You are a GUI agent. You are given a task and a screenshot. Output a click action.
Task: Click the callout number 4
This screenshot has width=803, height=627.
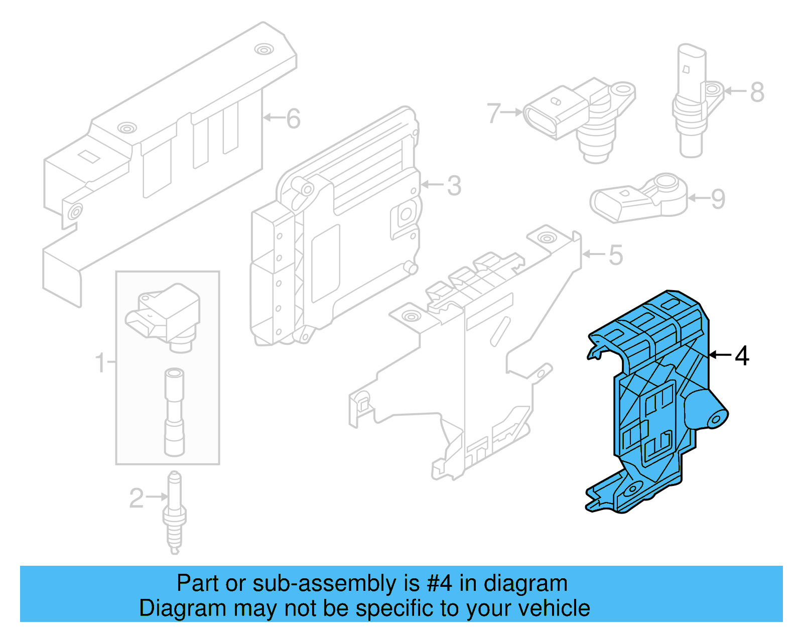(742, 356)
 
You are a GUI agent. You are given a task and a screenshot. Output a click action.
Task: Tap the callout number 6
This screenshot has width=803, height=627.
(293, 119)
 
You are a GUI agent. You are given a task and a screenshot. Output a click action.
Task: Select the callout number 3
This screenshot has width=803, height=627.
(454, 186)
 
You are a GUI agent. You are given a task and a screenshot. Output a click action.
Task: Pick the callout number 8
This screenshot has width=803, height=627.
(757, 92)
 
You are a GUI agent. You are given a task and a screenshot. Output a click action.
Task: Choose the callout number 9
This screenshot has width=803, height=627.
(718, 199)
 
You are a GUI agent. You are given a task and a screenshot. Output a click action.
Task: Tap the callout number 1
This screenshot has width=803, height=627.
(100, 362)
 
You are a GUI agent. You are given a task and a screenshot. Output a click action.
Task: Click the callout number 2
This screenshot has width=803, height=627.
(136, 498)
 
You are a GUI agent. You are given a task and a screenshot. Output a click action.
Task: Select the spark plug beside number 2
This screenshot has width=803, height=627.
(174, 512)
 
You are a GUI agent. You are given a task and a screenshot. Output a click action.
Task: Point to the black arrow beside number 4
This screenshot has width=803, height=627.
(720, 355)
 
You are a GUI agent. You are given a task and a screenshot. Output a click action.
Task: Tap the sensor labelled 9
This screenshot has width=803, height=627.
(637, 198)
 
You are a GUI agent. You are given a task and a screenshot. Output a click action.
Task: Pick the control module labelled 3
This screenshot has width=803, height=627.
(336, 226)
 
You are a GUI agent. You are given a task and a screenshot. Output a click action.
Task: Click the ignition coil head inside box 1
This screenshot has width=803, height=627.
(166, 314)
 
